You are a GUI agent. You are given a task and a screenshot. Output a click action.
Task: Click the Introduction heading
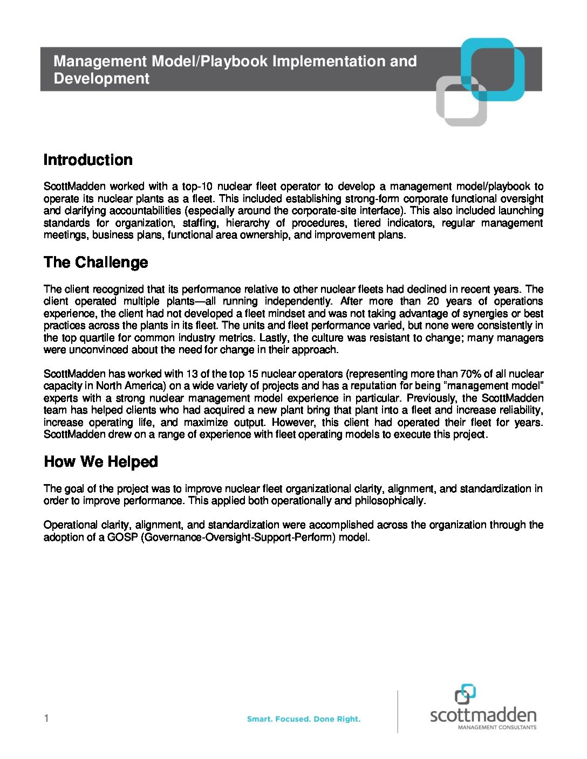88,160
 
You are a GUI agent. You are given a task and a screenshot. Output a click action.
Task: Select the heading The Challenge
96,263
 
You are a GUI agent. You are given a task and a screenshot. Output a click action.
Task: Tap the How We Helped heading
101,462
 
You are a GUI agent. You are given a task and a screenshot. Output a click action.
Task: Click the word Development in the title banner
101,79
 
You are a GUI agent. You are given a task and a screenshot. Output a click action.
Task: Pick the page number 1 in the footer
46,718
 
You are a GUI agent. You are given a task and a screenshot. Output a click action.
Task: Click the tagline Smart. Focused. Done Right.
304,719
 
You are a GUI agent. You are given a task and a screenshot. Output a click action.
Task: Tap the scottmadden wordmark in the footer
483,715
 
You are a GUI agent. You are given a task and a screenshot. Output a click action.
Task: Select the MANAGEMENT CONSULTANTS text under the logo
497,727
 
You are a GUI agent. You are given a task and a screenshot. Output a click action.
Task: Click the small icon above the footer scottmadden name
465,694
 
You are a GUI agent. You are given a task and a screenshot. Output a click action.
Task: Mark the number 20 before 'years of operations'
432,301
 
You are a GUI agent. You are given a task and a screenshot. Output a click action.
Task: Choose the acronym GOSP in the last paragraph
122,537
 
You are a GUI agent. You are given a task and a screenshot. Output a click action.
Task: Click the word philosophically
390,501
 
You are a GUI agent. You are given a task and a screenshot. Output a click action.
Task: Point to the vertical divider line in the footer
398,712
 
